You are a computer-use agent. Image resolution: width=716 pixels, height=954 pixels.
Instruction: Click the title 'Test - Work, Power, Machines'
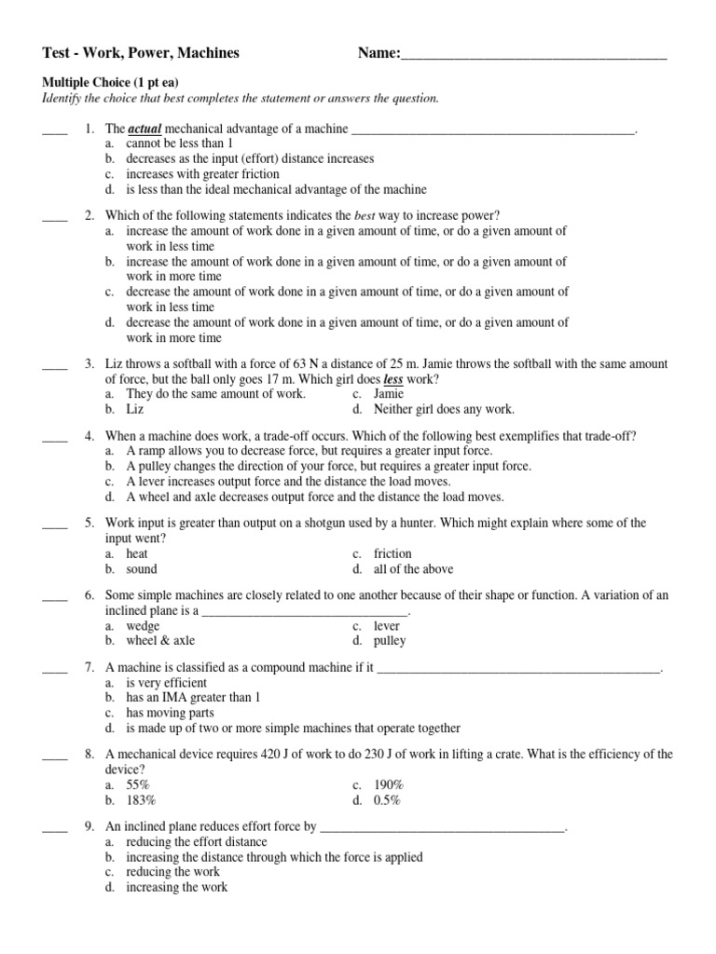[x=141, y=53]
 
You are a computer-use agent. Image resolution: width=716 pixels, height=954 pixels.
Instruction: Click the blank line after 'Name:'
[x=533, y=55]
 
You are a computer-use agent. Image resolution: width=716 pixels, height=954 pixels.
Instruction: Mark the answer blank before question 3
[x=55, y=364]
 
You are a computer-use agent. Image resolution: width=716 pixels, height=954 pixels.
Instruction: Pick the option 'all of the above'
[x=413, y=568]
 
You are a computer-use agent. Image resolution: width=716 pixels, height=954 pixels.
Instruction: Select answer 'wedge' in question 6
[x=144, y=626]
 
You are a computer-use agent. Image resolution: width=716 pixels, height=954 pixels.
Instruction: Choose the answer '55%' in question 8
[x=138, y=784]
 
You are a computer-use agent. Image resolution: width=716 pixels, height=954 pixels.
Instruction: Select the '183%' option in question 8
[x=141, y=799]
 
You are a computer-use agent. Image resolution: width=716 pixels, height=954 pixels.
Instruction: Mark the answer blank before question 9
[x=55, y=826]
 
